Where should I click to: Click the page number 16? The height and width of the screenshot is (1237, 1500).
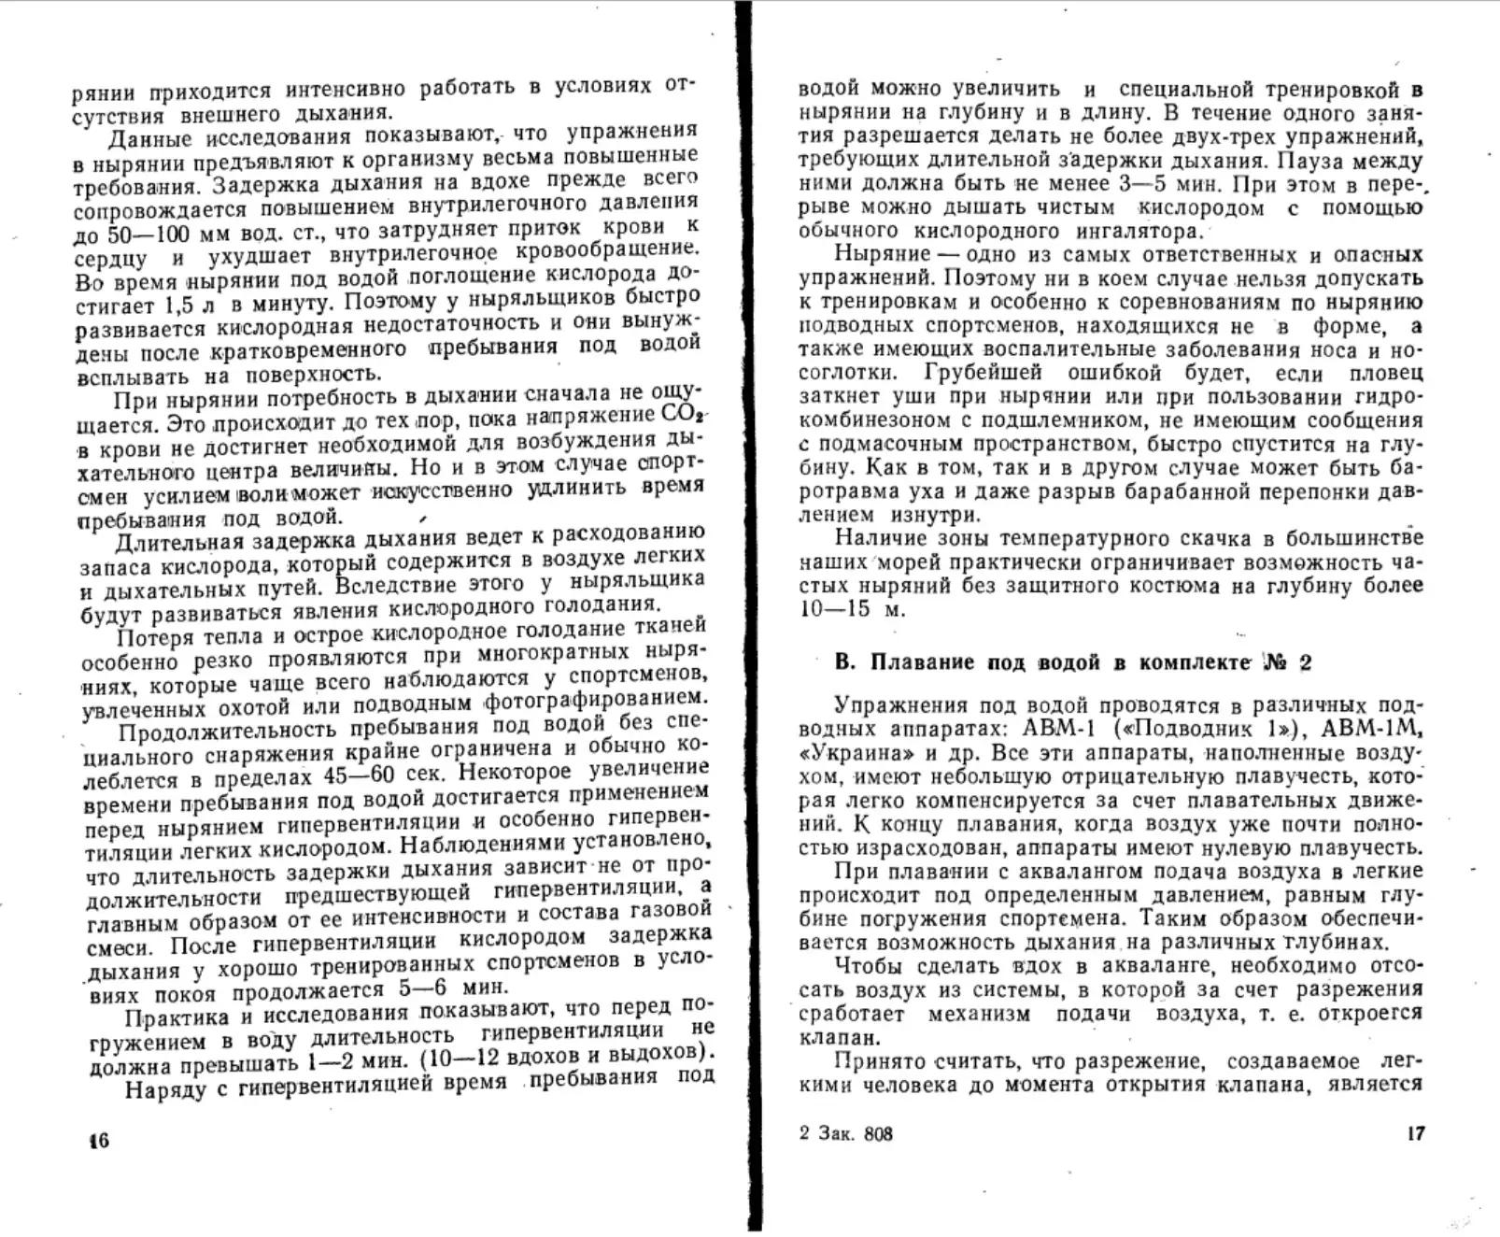click(x=97, y=1140)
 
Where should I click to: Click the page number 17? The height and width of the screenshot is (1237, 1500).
click(x=1415, y=1133)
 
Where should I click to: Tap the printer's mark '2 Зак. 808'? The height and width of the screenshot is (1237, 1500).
click(x=845, y=1134)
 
